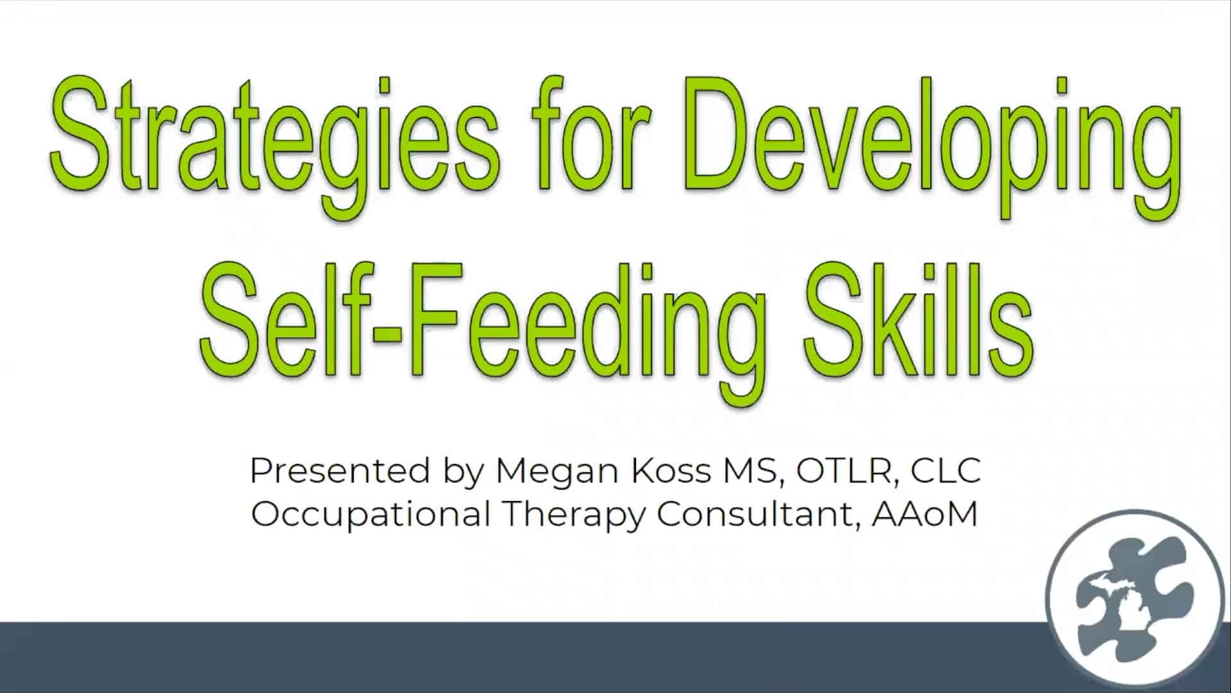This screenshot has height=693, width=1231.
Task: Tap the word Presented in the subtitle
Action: pos(340,470)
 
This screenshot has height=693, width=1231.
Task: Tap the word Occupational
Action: pos(371,515)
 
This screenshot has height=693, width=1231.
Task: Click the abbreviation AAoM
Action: pos(925,514)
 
